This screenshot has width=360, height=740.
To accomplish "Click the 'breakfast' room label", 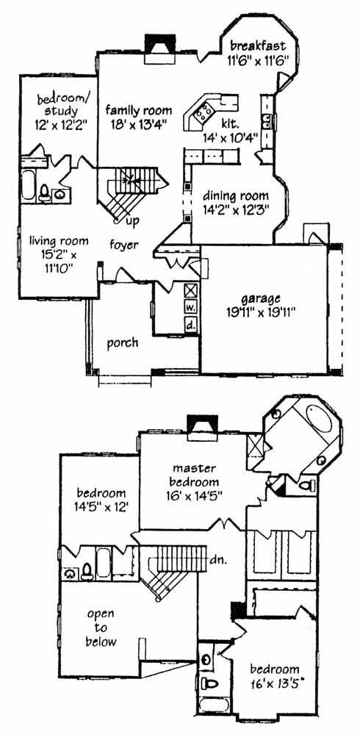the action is coord(258,46).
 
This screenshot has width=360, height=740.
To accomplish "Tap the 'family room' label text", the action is coord(139,111).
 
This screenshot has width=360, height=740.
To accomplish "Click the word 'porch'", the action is coord(123,343).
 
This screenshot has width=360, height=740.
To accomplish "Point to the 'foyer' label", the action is coord(125,245).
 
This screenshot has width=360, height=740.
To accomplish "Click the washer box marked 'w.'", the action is coord(190,306).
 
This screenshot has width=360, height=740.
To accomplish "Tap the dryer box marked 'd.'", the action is coord(190,325).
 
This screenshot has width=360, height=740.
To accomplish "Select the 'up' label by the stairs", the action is coord(133,221).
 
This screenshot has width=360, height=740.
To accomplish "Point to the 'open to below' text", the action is coord(100,628).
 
